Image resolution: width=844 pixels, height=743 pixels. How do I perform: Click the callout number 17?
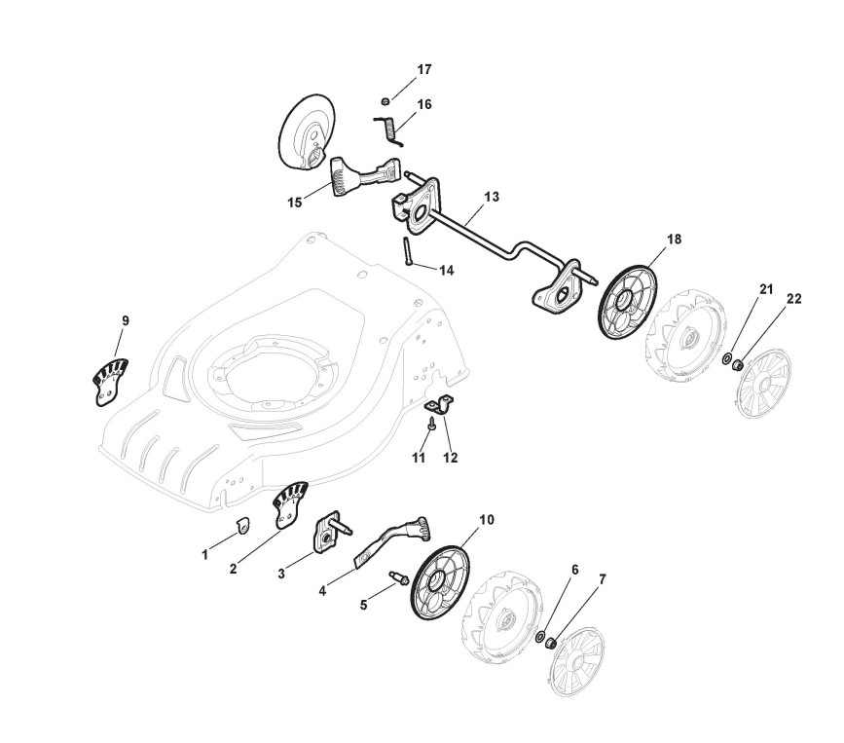[x=423, y=70]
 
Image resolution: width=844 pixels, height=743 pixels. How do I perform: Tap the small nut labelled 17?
[x=386, y=101]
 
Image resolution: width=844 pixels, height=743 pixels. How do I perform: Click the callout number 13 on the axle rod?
[x=491, y=197]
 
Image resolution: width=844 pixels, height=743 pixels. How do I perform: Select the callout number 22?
[x=793, y=299]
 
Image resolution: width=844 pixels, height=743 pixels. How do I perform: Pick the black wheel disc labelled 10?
[x=443, y=580]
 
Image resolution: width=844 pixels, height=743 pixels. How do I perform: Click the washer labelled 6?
[x=540, y=637]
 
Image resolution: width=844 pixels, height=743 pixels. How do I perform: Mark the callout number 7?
[x=602, y=579]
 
